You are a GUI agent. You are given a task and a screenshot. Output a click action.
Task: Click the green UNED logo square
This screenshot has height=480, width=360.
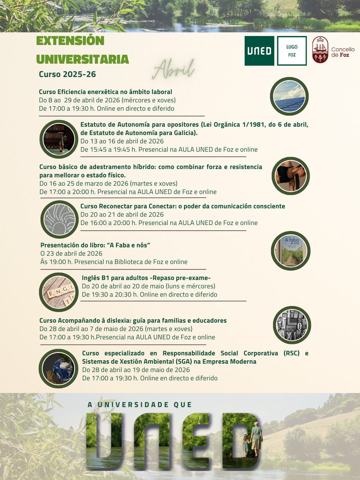point(259,51)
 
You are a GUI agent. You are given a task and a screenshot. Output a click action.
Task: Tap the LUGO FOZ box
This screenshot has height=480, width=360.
point(292,51)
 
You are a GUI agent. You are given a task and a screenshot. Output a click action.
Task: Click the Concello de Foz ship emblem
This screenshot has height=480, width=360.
point(320,50)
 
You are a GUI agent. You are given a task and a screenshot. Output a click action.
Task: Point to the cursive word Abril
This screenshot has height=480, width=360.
point(174,69)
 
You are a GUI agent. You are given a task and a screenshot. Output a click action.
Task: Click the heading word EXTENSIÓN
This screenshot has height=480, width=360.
point(70,41)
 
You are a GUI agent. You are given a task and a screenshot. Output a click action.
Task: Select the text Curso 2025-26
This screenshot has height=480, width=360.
point(67,74)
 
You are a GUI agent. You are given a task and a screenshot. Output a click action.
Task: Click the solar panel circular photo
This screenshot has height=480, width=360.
point(289,96)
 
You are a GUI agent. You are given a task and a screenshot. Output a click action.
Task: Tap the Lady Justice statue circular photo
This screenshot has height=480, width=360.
point(59,139)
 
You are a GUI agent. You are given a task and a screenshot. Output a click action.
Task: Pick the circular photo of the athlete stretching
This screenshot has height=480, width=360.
point(291,176)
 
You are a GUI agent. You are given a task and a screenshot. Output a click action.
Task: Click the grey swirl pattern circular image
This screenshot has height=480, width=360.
point(60,219)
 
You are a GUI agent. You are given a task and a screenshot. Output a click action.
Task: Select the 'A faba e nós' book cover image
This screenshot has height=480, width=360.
point(291,251)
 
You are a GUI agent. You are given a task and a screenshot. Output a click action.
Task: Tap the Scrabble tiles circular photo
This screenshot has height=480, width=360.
point(59,292)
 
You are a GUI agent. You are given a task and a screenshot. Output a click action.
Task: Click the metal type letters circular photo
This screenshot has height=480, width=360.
point(292,325)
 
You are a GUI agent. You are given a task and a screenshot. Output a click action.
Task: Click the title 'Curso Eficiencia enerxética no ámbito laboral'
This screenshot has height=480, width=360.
point(105,92)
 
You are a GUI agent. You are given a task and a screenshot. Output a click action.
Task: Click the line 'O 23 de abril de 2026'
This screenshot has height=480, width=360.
point(71,253)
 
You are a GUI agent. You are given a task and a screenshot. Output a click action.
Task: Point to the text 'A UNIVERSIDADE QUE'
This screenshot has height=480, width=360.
point(140,405)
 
